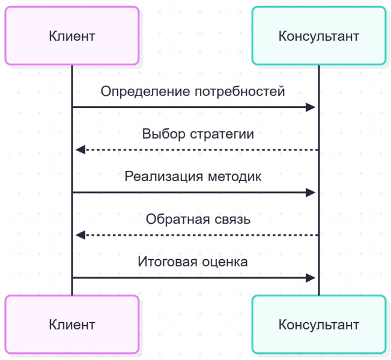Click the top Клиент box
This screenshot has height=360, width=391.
(72, 36)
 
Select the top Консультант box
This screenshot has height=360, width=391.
(319, 36)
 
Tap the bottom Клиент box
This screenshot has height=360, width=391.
(72, 325)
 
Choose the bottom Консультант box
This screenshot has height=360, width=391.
(319, 325)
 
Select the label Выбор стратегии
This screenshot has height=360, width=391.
(198, 134)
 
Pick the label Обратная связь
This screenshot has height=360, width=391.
(198, 220)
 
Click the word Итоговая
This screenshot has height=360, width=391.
(162, 262)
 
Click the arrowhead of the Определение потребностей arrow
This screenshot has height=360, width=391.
(311, 107)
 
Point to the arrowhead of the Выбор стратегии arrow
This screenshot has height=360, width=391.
(80, 150)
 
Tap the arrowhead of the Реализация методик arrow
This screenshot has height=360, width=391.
(311, 193)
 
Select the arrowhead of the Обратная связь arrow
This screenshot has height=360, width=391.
(80, 235)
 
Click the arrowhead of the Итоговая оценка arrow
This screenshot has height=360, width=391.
(311, 278)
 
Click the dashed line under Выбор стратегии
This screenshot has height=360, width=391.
(198, 150)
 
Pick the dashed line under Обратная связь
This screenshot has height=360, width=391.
(198, 235)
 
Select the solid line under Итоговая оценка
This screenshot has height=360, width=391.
(192, 278)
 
